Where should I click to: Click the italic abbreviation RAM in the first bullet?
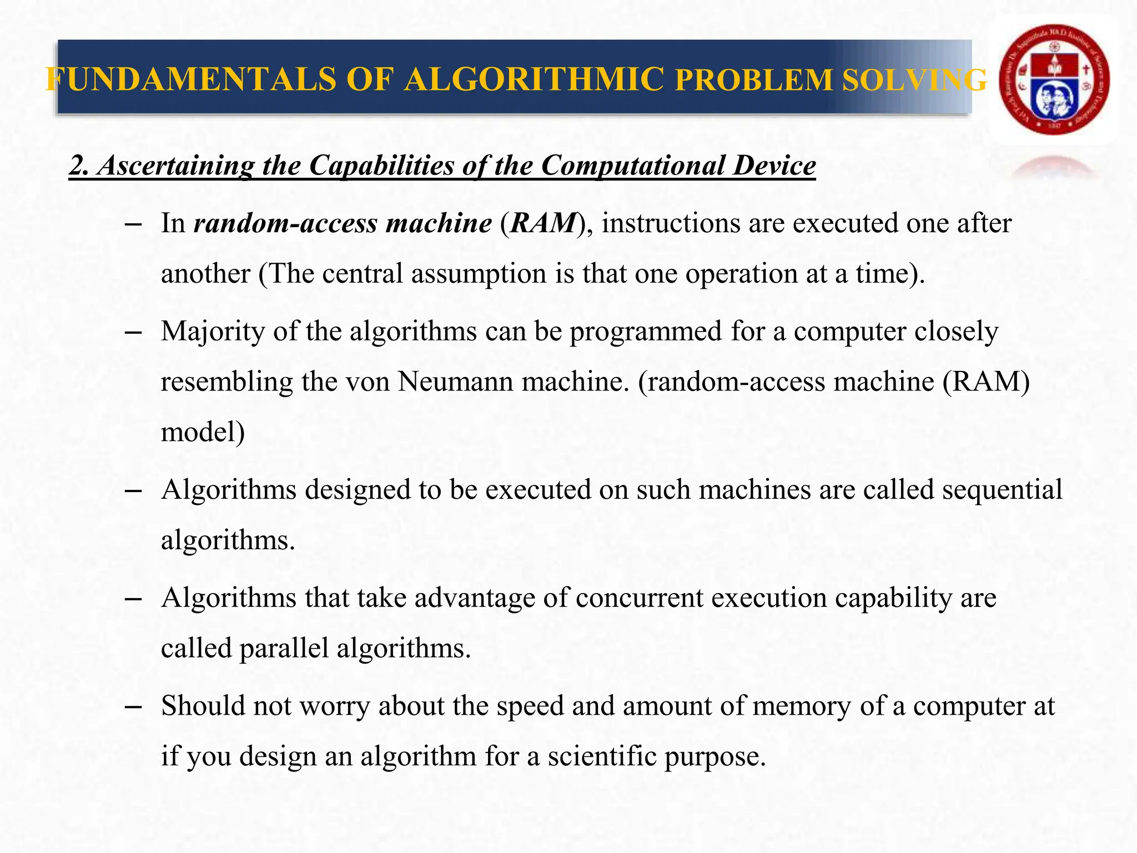tap(543, 223)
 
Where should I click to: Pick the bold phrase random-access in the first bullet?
tap(285, 223)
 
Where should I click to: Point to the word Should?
tap(203, 706)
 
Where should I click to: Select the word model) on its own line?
tap(203, 433)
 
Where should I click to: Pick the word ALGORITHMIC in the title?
tap(534, 79)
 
